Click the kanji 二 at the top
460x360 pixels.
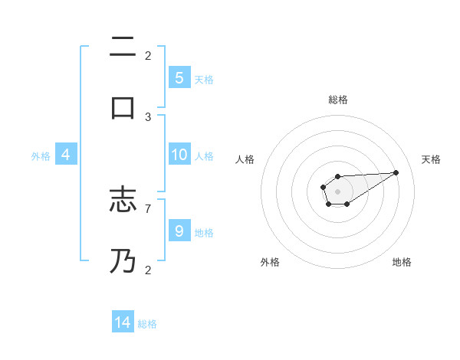pos(123,47)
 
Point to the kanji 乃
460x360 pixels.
pos(123,260)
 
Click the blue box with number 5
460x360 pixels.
pos(179,77)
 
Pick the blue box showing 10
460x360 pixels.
pos(179,155)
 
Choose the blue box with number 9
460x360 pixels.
pos(179,231)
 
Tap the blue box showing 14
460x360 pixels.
pos(123,322)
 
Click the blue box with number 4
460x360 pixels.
pos(66,155)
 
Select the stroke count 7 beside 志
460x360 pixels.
pos(148,208)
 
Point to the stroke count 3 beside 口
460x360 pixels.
pos(148,116)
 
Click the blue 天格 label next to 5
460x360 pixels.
pos(204,79)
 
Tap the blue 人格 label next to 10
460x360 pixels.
pos(204,155)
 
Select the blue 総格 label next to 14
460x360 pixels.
pos(147,324)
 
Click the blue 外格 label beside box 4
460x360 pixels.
pos(41,155)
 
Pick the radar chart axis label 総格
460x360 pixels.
pos(338,100)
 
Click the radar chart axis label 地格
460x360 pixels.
pos(402,262)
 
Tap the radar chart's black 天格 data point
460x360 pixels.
pos(396,172)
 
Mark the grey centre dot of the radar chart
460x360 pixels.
pos(338,191)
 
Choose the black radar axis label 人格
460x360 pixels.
pos(245,159)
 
